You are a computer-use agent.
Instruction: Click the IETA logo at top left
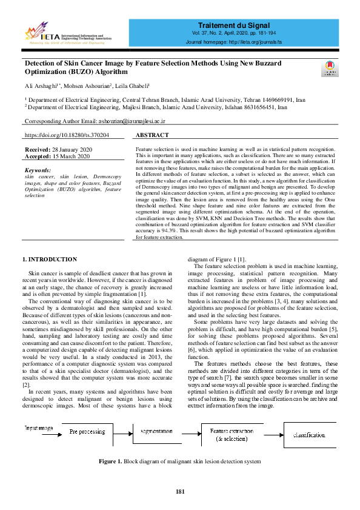tap(67, 35)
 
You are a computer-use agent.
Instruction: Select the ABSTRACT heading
tap(152, 135)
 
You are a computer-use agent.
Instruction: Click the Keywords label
tap(38, 170)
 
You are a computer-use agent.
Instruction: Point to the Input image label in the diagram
tap(39, 428)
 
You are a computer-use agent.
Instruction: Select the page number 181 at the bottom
tap(179, 491)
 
